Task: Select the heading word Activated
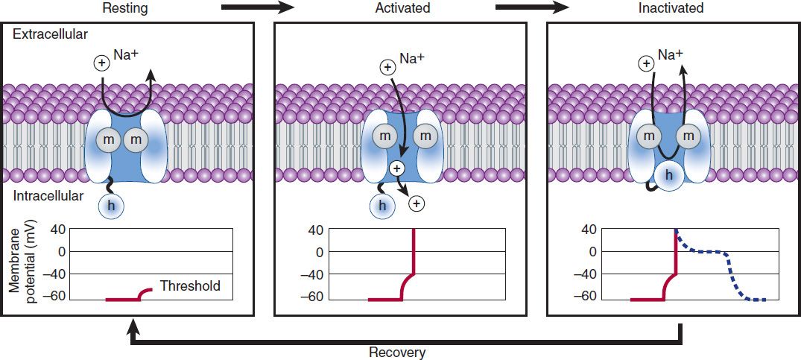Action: [402, 8]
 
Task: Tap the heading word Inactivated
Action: [671, 8]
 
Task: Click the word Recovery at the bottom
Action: [397, 352]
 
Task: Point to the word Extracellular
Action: [50, 34]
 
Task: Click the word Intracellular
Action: [48, 198]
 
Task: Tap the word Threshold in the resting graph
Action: [190, 286]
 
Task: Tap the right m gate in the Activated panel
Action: [425, 136]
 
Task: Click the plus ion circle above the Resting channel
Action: [101, 63]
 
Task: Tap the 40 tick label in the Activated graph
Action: [316, 230]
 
